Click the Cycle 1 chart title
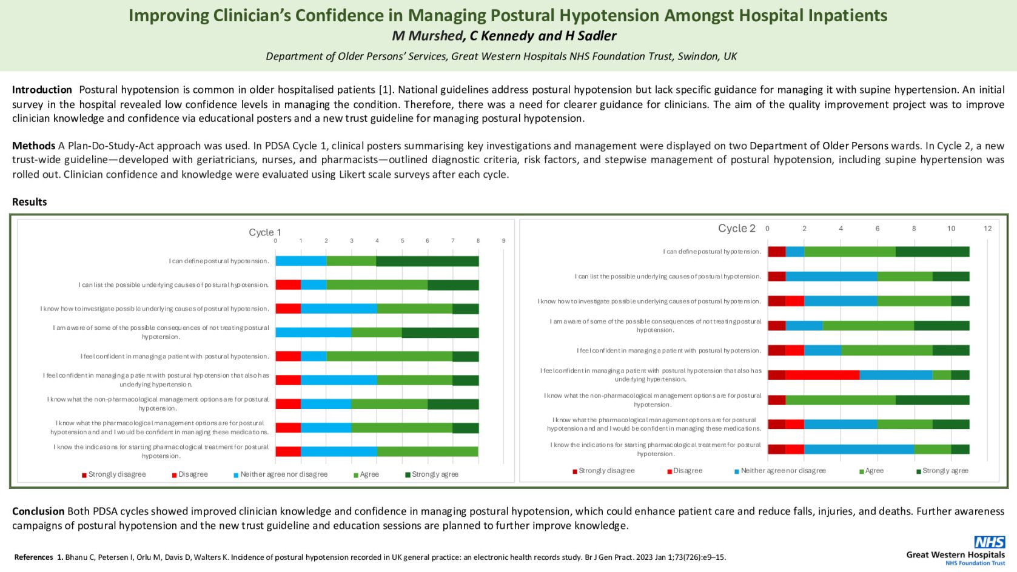265,232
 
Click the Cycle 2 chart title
737,228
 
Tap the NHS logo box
989,542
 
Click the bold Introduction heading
42,90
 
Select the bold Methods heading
33,146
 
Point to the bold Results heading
29,202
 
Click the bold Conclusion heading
38,511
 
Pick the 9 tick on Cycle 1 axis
503,241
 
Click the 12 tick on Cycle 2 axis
988,229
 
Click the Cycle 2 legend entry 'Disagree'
688,471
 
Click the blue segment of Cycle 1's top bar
301,261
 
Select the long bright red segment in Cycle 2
822,375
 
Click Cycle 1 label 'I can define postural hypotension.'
219,261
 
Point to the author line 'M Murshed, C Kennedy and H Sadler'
504,36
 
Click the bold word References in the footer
33,557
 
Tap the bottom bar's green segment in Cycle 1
427,451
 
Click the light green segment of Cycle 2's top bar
850,252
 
